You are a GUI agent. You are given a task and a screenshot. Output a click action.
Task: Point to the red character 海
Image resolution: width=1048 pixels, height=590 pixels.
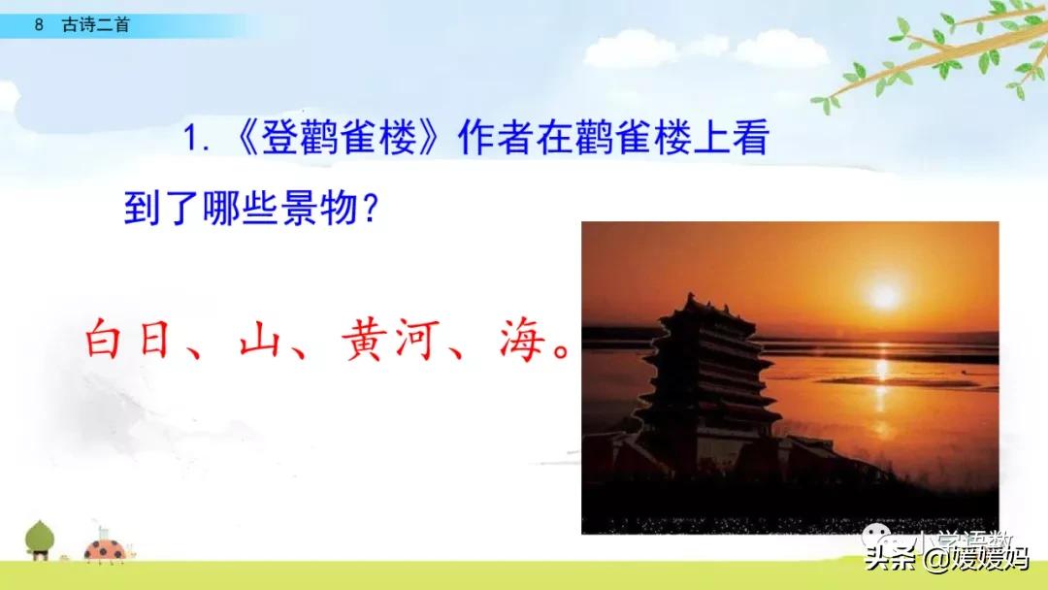coord(519,342)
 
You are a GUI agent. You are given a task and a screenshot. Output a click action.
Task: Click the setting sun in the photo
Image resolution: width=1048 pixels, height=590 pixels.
coord(884,295)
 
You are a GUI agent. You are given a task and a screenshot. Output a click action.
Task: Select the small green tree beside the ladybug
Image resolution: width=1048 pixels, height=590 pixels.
coord(40,539)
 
